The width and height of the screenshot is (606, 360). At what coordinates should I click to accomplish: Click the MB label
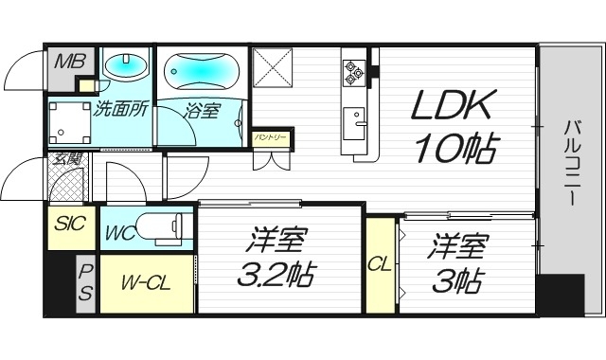pyautogui.click(x=66, y=63)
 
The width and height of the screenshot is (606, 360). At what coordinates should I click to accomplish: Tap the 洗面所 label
pyautogui.click(x=120, y=108)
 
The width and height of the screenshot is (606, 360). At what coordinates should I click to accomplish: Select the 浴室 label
pyautogui.click(x=202, y=110)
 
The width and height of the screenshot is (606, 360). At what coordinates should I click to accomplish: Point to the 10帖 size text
pyautogui.click(x=454, y=148)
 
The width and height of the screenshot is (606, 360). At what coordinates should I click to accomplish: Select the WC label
pyautogui.click(x=119, y=232)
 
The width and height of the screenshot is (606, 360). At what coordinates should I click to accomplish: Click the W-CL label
pyautogui.click(x=145, y=283)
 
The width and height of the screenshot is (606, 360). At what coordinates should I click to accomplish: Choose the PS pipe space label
pyautogui.click(x=85, y=281)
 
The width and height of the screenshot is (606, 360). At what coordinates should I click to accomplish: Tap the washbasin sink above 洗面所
pyautogui.click(x=125, y=65)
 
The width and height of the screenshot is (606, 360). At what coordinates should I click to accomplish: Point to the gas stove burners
pyautogui.click(x=356, y=71)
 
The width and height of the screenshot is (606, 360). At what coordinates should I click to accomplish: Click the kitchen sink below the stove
pyautogui.click(x=357, y=120)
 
